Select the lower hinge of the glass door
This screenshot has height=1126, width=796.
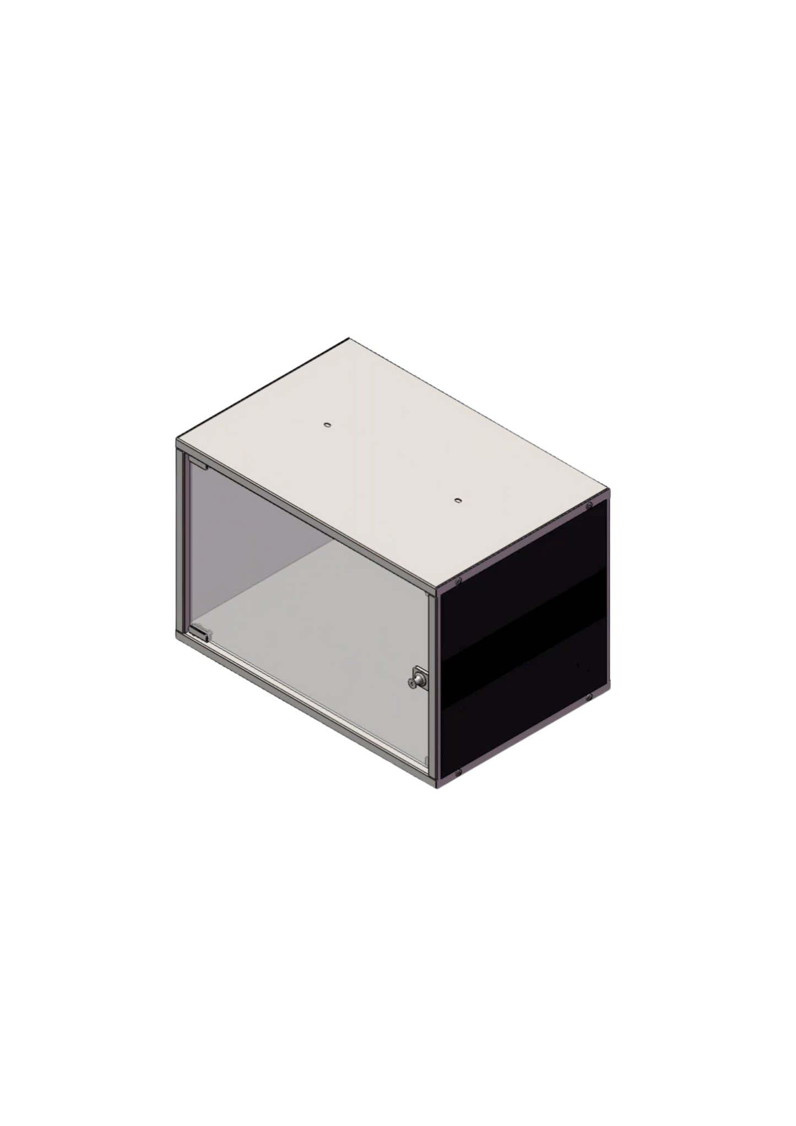(x=199, y=633)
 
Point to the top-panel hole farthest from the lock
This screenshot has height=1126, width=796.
(x=326, y=425)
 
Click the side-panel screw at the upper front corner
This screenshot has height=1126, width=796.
(x=458, y=582)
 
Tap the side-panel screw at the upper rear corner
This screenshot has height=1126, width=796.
(x=589, y=505)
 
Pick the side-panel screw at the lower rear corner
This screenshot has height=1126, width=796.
(x=589, y=698)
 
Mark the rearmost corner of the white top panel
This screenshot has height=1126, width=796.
(x=349, y=336)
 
